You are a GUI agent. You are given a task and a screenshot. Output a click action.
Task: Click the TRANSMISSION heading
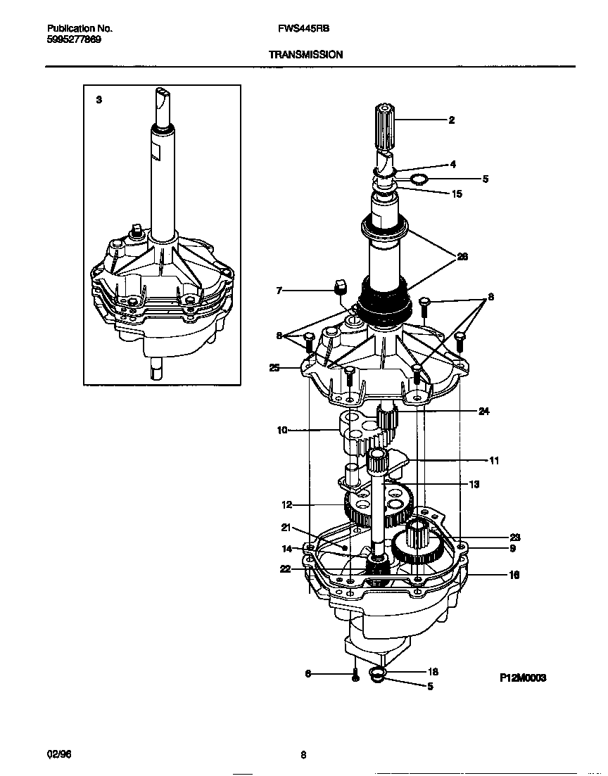coord(305,54)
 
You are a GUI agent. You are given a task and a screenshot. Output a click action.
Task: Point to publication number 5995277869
coord(74,39)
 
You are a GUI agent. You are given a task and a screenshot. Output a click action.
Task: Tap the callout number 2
coord(451,120)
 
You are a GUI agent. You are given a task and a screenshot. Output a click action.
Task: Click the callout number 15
coord(457,193)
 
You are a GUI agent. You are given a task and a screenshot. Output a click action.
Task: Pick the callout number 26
coord(462,257)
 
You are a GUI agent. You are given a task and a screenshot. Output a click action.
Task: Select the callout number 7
coord(279,289)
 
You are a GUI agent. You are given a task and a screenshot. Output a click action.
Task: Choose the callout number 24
coord(483,412)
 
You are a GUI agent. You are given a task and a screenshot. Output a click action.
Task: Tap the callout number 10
coord(282,430)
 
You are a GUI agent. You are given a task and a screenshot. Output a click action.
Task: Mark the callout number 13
coord(474,484)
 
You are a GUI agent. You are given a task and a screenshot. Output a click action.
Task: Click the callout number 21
coord(286,528)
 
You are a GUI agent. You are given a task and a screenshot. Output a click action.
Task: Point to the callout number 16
coord(514,575)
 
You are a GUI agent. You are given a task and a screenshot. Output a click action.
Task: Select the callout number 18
coord(433,672)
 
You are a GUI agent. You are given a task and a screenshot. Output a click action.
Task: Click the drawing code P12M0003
coord(523,678)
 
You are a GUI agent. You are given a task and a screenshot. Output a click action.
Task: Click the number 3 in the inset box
coord(99,100)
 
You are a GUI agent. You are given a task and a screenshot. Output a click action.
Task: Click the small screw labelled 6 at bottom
coord(356,677)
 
